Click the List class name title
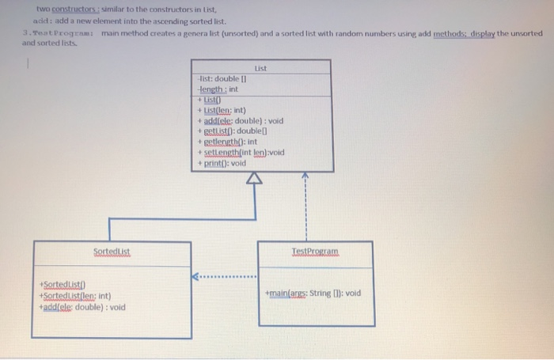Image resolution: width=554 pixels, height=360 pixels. [260, 68]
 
